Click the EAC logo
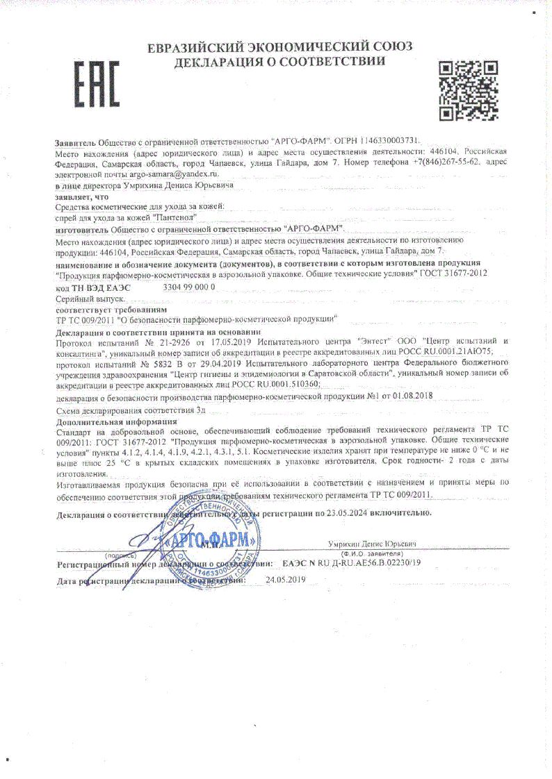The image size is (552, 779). click(x=97, y=83)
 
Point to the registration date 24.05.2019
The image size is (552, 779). click(x=286, y=579)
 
